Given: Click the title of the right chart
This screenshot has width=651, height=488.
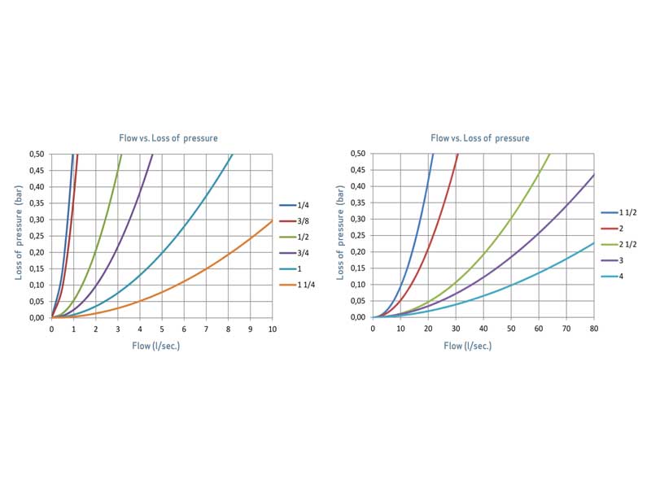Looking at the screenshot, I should click(x=479, y=138).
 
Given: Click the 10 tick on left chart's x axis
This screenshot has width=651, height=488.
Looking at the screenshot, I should click(x=272, y=329).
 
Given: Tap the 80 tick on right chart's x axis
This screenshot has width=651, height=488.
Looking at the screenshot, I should click(x=593, y=329).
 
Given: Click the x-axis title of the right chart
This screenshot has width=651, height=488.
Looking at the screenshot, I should click(x=467, y=346).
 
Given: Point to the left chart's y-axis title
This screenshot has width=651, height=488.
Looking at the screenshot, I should click(x=19, y=236).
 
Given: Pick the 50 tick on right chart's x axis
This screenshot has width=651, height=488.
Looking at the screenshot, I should click(x=511, y=329).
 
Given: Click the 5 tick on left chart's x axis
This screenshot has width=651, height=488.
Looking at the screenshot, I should click(x=162, y=329).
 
